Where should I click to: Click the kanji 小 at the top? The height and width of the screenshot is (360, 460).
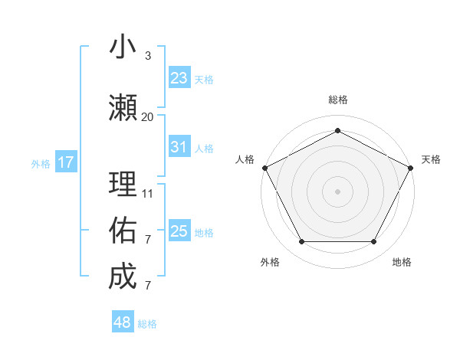pos(123,47)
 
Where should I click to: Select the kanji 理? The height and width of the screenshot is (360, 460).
pos(123,184)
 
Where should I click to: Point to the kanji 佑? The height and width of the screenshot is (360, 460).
pos(123,229)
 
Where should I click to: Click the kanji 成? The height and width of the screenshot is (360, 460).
pos(123,276)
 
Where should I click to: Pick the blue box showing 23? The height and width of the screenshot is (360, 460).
pos(179,78)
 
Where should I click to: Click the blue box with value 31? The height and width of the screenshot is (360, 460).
pos(179,148)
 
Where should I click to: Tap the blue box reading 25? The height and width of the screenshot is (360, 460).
pos(179,231)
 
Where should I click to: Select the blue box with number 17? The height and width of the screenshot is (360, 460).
pos(65,162)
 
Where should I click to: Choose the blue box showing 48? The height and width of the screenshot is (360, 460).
pos(123,322)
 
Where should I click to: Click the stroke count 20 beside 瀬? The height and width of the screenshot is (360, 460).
pos(147,117)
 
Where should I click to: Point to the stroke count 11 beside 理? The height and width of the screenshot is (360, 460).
pos(147,194)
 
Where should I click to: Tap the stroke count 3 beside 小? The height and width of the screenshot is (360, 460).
pos(147,56)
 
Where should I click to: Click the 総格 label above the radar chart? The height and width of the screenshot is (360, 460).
pos(337,100)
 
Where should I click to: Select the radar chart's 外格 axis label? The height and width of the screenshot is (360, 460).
pos(270,262)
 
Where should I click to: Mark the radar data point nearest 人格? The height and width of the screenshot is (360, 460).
pos(264,167)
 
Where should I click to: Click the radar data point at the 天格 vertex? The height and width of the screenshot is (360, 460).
pos(411,167)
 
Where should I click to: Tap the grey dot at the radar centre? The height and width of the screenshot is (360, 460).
pos(337,191)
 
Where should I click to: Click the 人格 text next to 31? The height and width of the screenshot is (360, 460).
pos(204,149)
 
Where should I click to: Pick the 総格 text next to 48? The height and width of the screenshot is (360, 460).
pos(147,324)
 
